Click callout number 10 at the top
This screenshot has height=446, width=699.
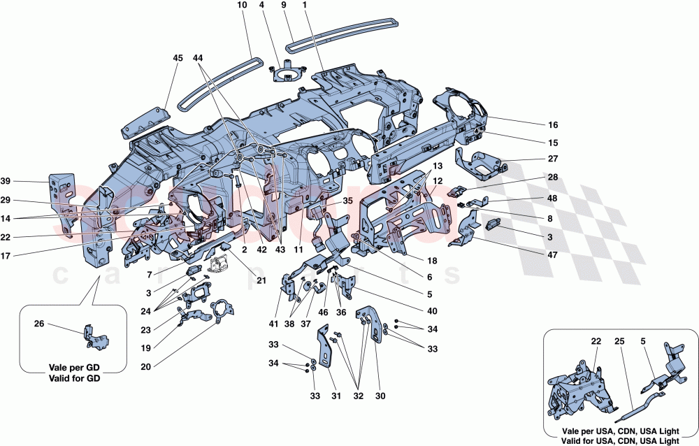tap(242, 6)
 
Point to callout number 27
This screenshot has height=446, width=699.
tap(553, 159)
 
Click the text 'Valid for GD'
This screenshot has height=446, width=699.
tap(73, 379)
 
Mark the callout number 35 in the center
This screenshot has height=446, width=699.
tap(347, 200)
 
